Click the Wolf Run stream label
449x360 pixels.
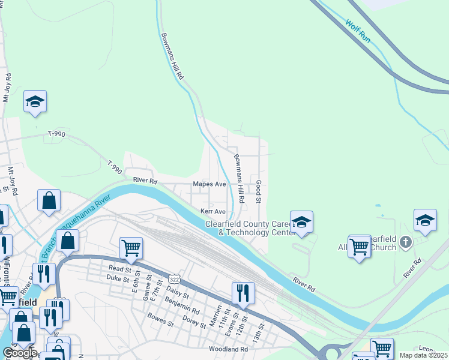[x=359, y=31]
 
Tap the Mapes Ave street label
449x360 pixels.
[x=208, y=184]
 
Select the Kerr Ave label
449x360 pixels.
[x=212, y=212]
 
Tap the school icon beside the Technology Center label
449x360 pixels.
[x=302, y=221]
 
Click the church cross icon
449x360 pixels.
[x=406, y=242]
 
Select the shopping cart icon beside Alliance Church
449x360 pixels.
[x=359, y=246]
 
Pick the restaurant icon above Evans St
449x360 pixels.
[x=243, y=293]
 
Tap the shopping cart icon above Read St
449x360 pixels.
[x=131, y=247]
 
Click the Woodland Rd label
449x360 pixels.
[x=228, y=349]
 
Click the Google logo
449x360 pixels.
[x=20, y=353]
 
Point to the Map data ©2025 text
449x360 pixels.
[x=424, y=355]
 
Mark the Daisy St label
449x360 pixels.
[x=177, y=293]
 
